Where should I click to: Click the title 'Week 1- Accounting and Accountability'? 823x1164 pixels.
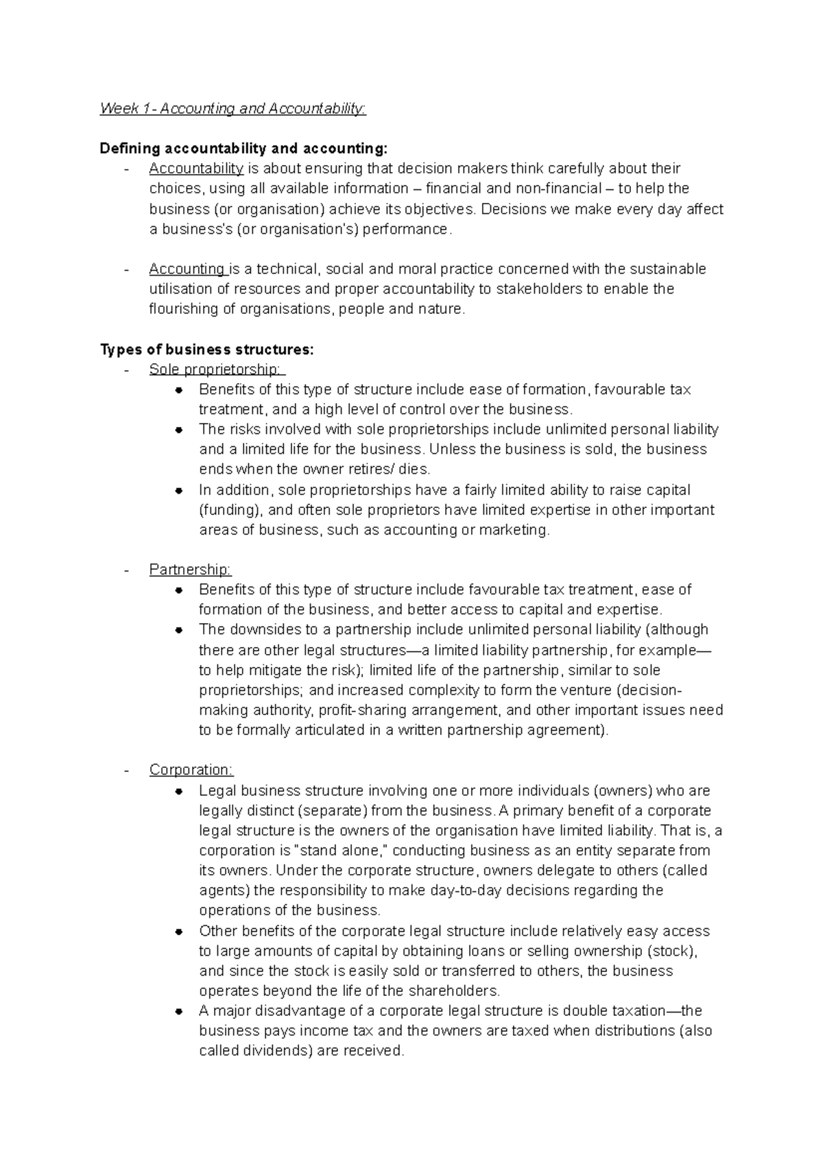tap(233, 108)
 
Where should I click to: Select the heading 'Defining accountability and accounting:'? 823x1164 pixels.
tap(243, 148)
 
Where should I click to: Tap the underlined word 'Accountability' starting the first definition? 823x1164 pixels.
tap(196, 169)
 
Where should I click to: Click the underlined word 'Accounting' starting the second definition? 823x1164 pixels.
tap(187, 269)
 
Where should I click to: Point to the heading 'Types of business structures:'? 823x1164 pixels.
tap(206, 350)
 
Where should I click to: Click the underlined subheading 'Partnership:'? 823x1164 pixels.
tap(190, 570)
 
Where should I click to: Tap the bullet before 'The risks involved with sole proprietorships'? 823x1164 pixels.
tap(178, 431)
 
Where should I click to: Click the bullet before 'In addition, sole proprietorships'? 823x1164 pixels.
tap(178, 491)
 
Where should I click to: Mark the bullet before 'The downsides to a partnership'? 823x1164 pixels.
tap(178, 630)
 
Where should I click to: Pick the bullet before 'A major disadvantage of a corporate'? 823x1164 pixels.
tap(178, 1011)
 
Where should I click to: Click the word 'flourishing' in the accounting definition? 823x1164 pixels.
tap(182, 309)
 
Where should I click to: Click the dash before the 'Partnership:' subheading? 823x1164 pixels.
tap(126, 570)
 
